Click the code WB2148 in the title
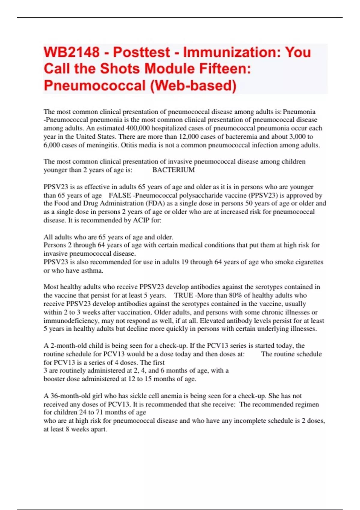tap(71, 52)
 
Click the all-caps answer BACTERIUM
tap(173, 170)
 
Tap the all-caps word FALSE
tap(120, 195)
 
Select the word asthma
tap(93, 270)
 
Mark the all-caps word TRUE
tap(184, 295)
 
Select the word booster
tap(54, 379)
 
